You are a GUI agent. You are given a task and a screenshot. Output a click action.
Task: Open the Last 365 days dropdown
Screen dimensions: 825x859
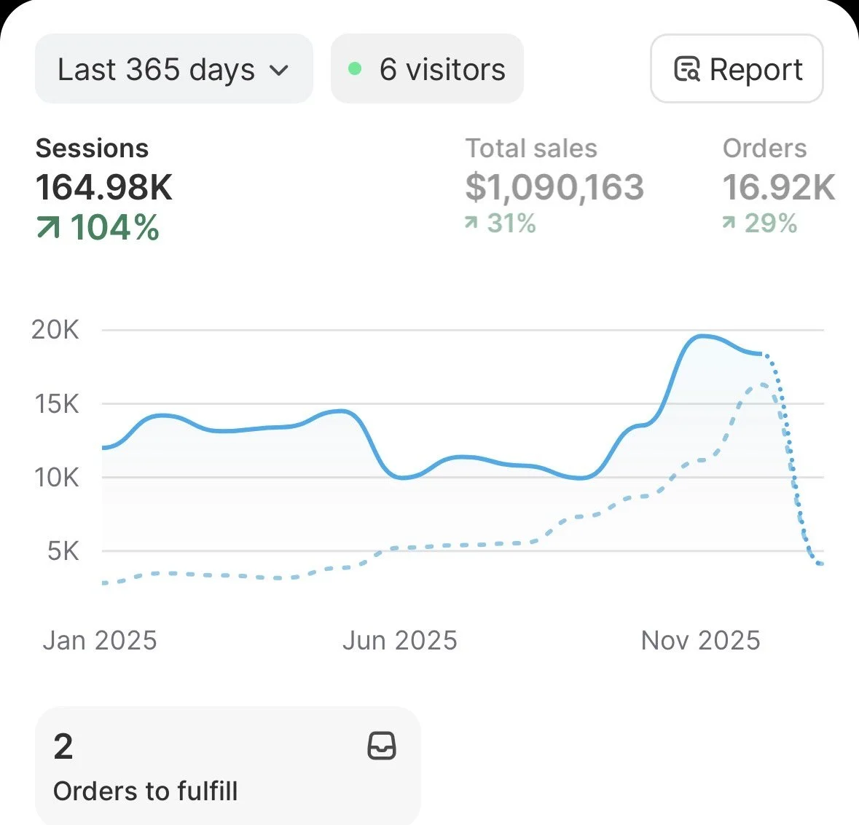pyautogui.click(x=173, y=70)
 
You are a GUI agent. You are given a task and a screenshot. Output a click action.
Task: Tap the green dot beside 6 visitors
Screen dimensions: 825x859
pyautogui.click(x=355, y=69)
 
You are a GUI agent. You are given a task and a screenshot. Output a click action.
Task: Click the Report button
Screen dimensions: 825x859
pyautogui.click(x=737, y=70)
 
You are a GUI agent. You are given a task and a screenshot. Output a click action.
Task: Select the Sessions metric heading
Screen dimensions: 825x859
pyautogui.click(x=92, y=149)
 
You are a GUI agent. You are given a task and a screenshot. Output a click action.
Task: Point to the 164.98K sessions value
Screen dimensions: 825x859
pyautogui.click(x=104, y=187)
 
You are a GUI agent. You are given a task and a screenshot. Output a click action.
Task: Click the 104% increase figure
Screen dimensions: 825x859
pyautogui.click(x=98, y=227)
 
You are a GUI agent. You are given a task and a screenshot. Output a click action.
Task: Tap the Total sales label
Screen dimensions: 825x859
pyautogui.click(x=531, y=149)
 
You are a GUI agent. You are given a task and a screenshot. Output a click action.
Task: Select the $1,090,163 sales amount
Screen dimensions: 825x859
pyautogui.click(x=554, y=187)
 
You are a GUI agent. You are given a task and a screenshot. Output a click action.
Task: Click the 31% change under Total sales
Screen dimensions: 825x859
pyautogui.click(x=501, y=224)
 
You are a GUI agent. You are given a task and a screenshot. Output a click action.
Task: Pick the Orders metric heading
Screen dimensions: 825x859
pyautogui.click(x=764, y=149)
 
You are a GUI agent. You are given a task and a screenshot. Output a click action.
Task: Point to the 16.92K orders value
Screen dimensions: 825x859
pyautogui.click(x=779, y=187)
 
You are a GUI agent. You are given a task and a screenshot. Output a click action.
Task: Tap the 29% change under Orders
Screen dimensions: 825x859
pyautogui.click(x=760, y=224)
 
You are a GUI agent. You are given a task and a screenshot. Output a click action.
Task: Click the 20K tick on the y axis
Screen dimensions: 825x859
pyautogui.click(x=55, y=330)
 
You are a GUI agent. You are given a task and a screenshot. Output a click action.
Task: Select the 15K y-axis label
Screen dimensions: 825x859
pyautogui.click(x=56, y=403)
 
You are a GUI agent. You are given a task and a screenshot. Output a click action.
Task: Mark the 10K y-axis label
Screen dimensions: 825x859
pyautogui.click(x=56, y=478)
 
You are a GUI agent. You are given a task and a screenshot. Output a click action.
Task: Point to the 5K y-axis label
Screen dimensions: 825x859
pyautogui.click(x=63, y=551)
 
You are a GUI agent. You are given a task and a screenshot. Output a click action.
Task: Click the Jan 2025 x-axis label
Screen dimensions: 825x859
pyautogui.click(x=100, y=641)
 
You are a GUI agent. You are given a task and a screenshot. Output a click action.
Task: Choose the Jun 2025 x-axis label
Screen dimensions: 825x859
pyautogui.click(x=399, y=641)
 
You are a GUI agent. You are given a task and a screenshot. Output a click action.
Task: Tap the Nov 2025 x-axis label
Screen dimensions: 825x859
pyautogui.click(x=700, y=641)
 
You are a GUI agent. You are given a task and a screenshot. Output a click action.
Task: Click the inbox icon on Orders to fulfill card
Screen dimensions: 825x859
pyautogui.click(x=382, y=746)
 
